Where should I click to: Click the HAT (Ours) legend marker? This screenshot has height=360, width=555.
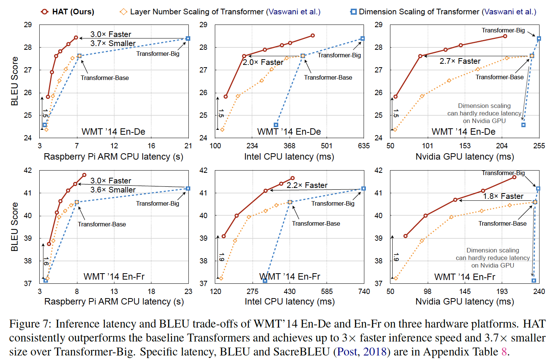pos(45,12)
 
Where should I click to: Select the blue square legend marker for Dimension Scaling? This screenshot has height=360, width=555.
pos(353,12)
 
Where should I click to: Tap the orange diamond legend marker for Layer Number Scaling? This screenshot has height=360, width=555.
pos(123,12)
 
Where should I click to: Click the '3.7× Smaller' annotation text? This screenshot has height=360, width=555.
pos(113,43)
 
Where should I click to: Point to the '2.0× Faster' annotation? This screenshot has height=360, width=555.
pos(263,62)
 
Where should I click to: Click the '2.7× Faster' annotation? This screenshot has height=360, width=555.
pos(460,61)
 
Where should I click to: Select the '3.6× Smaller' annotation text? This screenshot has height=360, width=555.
pos(113,190)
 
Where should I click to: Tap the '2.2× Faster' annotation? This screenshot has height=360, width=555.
pos(307,185)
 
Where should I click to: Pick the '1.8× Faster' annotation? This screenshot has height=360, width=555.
pos(503,196)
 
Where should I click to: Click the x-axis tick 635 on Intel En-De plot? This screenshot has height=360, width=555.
pos(364,146)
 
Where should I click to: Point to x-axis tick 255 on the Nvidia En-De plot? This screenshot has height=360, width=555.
pos(539,146)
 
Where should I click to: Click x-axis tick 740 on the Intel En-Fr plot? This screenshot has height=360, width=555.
pos(364,291)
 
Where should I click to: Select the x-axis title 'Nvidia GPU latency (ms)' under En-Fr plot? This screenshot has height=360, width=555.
pos(465,302)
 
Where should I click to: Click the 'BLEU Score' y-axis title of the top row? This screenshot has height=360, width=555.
pos(15,81)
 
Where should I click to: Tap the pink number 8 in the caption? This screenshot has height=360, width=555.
pos(504,352)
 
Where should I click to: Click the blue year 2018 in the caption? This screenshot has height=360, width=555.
pos(375,352)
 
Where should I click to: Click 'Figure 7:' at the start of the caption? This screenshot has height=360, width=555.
pos(30,324)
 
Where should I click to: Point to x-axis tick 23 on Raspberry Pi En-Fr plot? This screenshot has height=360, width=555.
pos(188,291)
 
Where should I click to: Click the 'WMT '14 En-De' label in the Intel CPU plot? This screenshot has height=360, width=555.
pos(289,132)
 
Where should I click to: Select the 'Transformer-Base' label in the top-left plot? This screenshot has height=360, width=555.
pos(105,78)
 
